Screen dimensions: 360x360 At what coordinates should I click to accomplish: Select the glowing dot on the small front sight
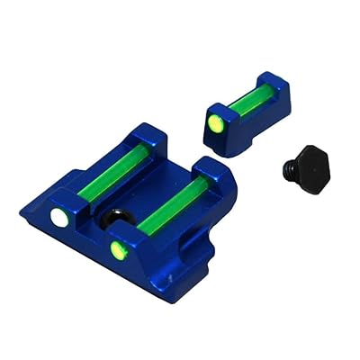pos(216,121)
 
